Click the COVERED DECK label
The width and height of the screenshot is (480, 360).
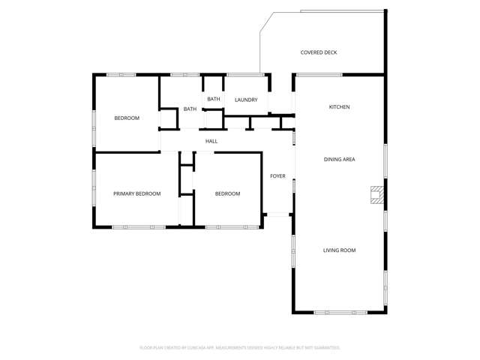click(319, 52)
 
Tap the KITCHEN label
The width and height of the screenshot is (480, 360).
click(339, 107)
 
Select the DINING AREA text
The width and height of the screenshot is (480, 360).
click(339, 160)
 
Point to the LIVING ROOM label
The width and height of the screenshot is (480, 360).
click(339, 250)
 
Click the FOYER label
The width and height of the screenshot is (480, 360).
click(277, 176)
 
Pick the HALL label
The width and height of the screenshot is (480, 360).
click(211, 141)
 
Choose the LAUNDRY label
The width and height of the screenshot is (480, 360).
click(246, 100)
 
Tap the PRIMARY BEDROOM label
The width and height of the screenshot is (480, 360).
click(136, 193)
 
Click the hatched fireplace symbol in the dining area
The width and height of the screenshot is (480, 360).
click(377, 195)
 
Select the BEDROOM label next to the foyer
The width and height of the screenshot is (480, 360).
click(227, 193)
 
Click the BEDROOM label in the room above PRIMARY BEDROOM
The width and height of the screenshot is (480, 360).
click(127, 118)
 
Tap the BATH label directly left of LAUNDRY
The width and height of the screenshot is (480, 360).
click(214, 99)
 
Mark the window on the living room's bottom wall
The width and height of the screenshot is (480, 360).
click(340, 312)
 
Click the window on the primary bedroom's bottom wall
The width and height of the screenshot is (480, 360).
click(129, 226)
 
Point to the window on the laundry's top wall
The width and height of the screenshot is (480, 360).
click(245, 74)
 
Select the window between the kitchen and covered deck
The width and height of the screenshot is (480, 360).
click(319, 74)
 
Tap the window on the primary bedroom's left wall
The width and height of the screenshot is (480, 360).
click(94, 187)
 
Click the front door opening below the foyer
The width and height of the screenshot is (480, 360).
click(278, 215)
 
